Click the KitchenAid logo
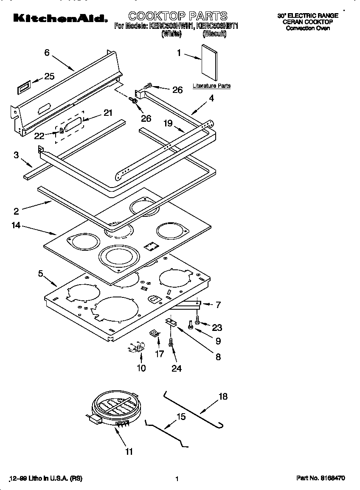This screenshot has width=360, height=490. click(60, 18)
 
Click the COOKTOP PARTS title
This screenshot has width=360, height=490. click(178, 16)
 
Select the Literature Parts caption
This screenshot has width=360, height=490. click(211, 86)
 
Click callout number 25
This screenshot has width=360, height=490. click(49, 76)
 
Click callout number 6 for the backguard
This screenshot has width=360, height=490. click(47, 53)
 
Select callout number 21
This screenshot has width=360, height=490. click(108, 113)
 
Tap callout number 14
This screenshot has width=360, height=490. click(16, 225)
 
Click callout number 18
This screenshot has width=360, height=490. click(223, 397)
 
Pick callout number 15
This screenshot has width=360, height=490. click(181, 417)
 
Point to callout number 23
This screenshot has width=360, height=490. click(217, 328)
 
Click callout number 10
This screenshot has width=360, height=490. click(141, 368)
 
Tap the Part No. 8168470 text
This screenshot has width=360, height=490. click(321, 478)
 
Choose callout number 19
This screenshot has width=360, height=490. click(168, 123)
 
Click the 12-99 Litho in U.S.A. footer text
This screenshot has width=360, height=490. click(46, 478)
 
